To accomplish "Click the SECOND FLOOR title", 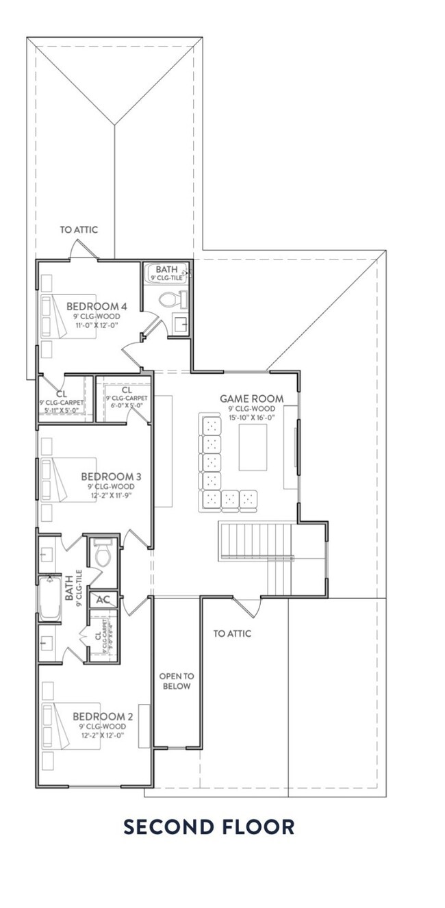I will coord(209,827).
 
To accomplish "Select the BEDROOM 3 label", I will coord(111,476).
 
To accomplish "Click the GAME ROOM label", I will coord(251,398).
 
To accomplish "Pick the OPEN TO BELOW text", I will coord(175,681).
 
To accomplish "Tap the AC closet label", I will coord(103,600).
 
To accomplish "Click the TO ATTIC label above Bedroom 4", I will coord(79,230).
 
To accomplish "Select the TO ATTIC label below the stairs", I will coord(232,634).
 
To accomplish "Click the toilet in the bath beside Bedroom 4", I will coord(168,299).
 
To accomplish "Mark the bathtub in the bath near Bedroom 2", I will coord(50,599).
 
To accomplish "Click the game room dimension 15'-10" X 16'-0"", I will coord(251,417).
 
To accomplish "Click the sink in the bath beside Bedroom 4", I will coord(181,325).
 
